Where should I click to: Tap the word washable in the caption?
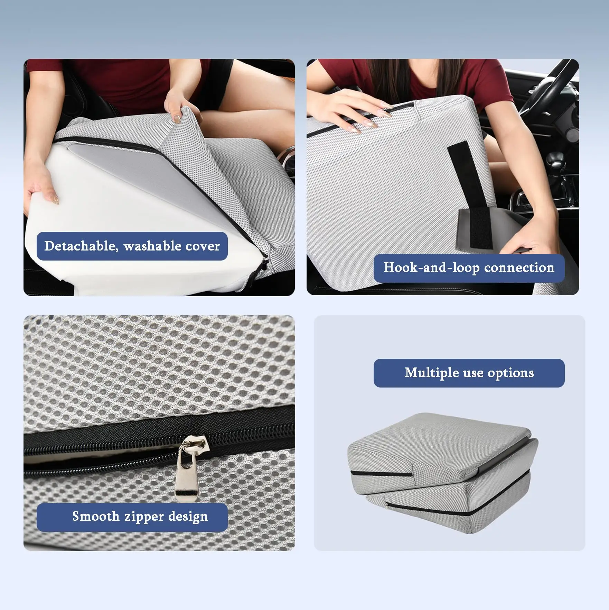point(152,246)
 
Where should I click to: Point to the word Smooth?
point(96,516)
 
